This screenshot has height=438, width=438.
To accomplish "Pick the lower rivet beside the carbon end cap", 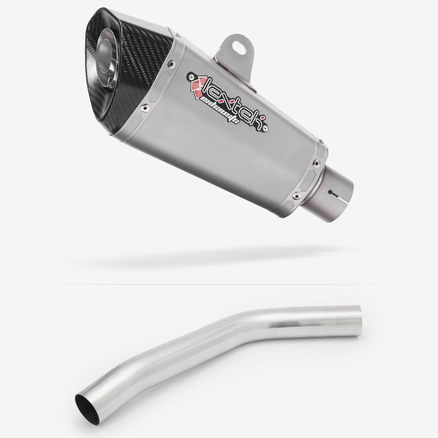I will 143,106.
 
